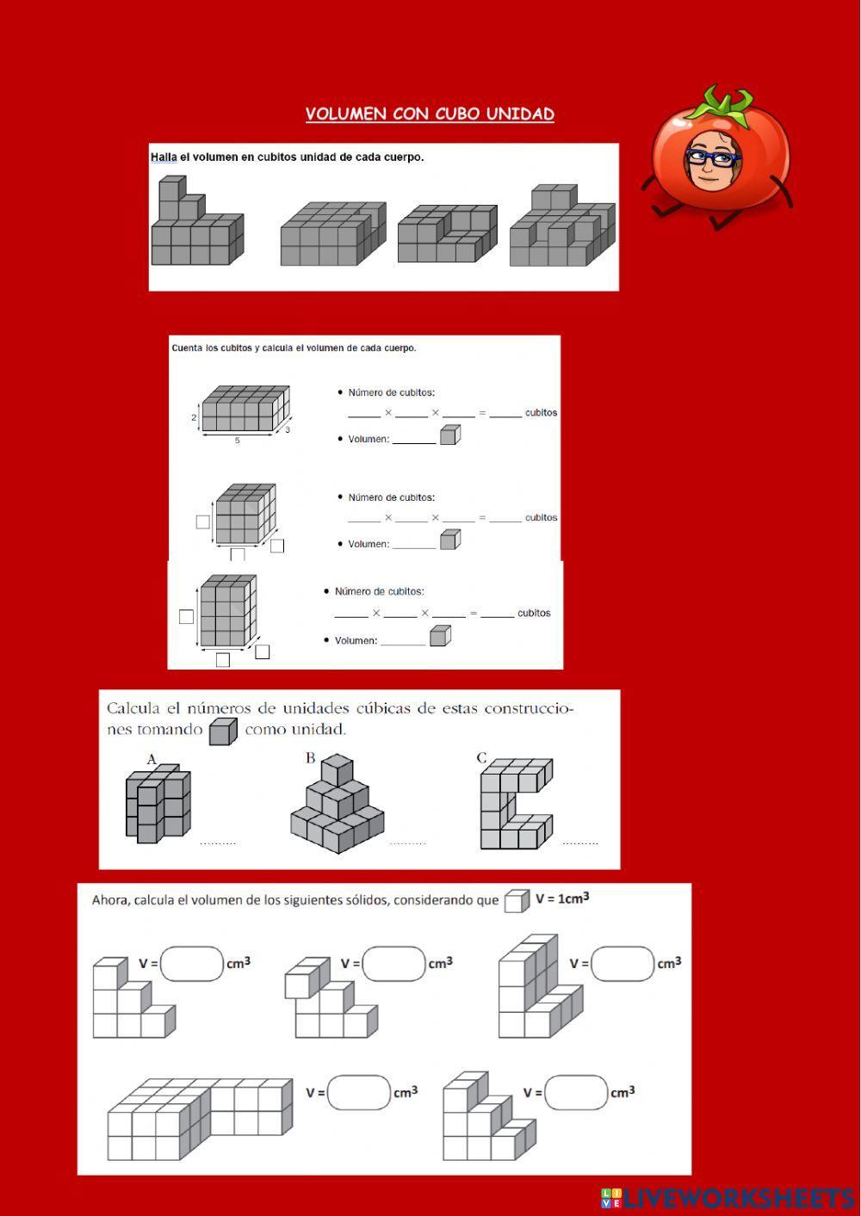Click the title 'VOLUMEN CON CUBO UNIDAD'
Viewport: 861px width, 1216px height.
430,114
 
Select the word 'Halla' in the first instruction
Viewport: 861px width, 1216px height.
163,157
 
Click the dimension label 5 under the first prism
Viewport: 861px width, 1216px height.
237,441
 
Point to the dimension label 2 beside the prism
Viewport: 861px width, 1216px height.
194,417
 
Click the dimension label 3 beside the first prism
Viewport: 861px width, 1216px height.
288,429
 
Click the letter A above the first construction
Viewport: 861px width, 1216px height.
152,759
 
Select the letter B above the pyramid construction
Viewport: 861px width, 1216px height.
310,758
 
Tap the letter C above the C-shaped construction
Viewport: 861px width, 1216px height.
481,758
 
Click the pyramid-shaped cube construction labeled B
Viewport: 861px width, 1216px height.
336,805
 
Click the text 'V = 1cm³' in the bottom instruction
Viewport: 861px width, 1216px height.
561,898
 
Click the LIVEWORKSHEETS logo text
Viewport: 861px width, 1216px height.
738,1197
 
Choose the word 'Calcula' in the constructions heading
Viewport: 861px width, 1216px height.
133,708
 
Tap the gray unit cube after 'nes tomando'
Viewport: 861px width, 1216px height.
222,731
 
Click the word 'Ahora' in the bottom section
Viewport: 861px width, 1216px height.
110,900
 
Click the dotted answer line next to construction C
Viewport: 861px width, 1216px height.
579,843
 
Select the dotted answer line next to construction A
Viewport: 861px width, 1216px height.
218,843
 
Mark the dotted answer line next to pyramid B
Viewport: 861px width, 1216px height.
407,843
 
